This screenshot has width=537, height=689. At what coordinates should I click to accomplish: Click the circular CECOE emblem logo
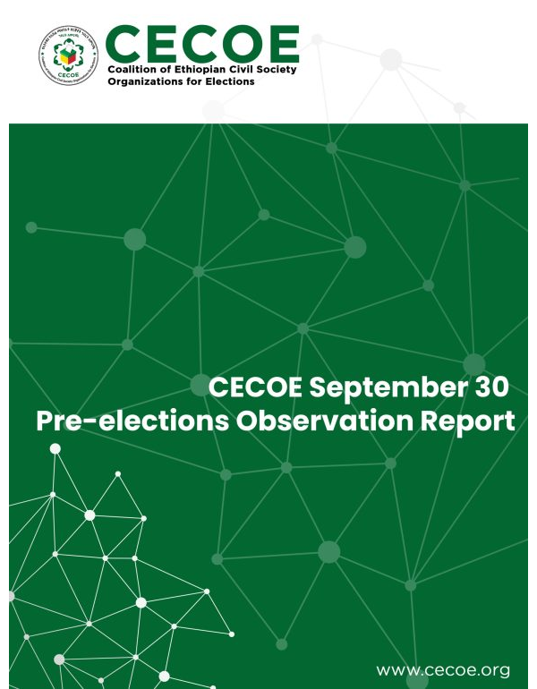(69, 55)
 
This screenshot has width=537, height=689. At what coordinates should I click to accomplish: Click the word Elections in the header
(230, 81)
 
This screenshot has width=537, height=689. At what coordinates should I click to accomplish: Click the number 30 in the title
(487, 387)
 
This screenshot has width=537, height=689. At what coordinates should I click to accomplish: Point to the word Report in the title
(470, 421)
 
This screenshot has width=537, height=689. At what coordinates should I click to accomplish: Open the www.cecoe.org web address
(443, 669)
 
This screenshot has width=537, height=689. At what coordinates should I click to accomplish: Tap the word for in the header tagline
(197, 81)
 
